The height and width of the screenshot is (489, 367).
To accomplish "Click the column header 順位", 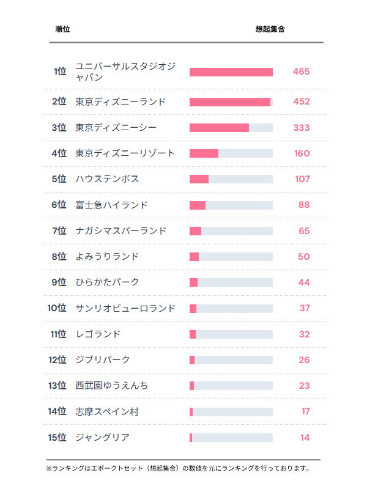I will pos(62,29).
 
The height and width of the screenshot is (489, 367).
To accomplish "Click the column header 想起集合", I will pos(270,29).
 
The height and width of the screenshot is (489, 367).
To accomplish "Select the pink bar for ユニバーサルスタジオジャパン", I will pos(231,72).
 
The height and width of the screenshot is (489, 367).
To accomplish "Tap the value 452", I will pos(301,102).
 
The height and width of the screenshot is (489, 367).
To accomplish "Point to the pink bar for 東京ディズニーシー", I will pos(219,128).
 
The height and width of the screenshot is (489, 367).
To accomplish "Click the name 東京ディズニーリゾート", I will pos(125,153).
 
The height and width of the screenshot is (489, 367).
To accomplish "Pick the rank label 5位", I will pos(59,179).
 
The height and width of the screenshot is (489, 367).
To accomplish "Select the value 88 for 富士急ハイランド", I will pos(304,205).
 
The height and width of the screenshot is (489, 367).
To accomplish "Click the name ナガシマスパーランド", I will pos(120,231).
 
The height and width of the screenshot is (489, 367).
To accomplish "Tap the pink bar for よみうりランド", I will pos(194,257).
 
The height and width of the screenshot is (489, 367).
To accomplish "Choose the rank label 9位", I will pos(59,282).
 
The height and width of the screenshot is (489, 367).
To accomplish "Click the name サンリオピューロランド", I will pos(125,309).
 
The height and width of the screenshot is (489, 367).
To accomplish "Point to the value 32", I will pos(304,334).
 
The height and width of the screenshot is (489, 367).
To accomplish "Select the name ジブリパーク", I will pos(103,360).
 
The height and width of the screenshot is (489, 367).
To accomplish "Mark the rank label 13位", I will pos(57,386).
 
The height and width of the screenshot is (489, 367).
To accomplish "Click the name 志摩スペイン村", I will pos(107,412).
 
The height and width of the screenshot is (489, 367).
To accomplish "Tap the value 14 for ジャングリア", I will pos(305,438).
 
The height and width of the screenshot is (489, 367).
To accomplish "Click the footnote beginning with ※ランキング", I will pos(178,469).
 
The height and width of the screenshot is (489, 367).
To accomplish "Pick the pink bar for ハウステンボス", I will pos(199,179).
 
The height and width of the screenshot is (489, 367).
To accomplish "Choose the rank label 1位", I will pos(59,72).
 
